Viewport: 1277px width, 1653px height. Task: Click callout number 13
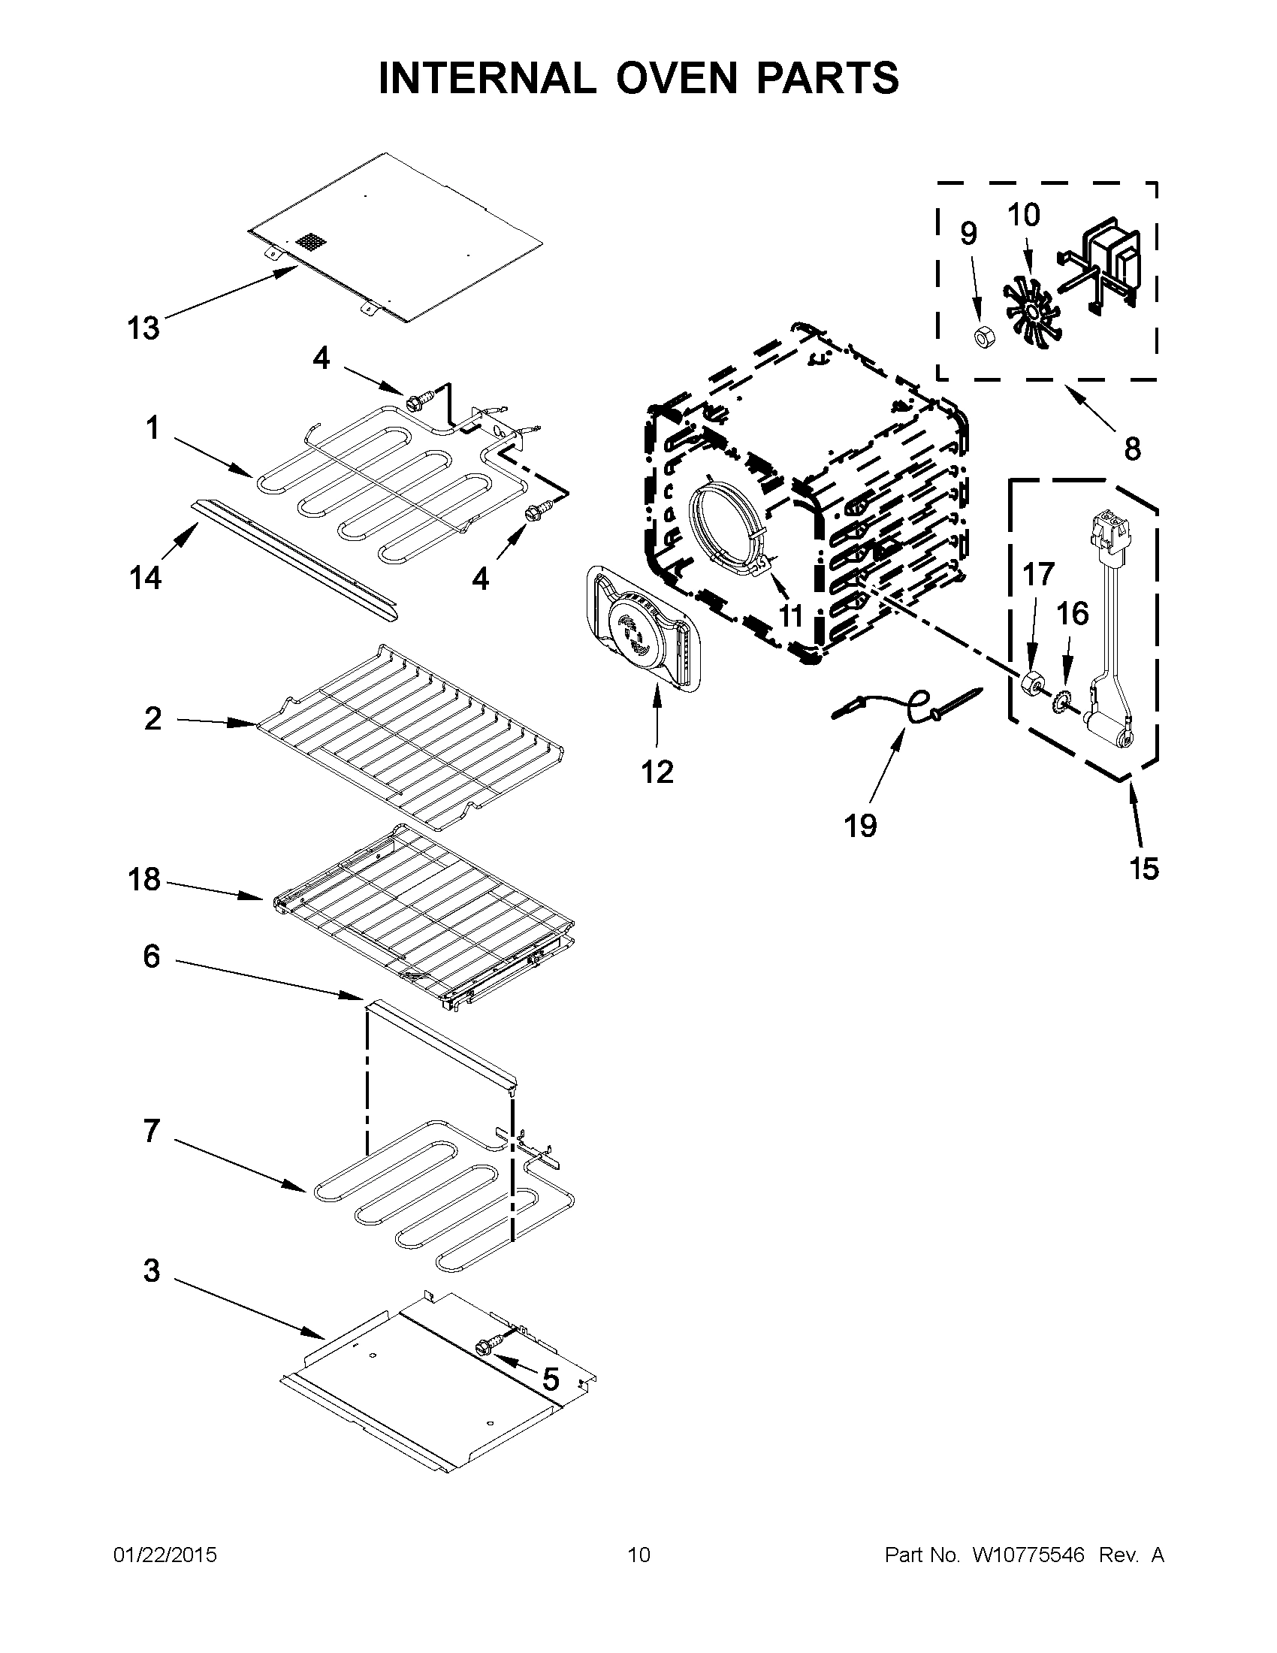point(143,328)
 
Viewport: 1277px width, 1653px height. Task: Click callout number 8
point(1132,449)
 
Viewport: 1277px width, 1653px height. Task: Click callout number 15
point(1144,868)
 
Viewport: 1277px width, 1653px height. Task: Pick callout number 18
point(143,880)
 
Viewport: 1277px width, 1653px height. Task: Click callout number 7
point(151,1131)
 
